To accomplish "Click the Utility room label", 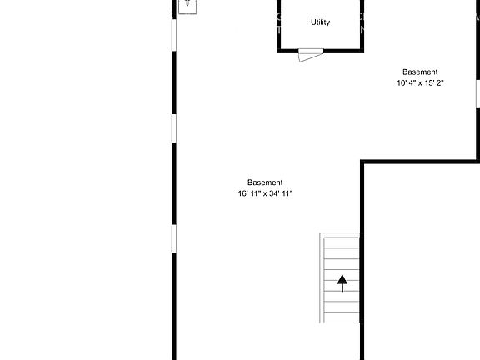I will [320, 22].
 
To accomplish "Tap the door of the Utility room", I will [310, 54].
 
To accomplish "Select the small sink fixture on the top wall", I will [188, 4].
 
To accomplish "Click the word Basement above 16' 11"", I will [265, 182].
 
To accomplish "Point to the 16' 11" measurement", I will [250, 193].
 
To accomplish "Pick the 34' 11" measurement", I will [281, 193].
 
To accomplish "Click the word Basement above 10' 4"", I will [420, 72].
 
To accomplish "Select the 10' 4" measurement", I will [407, 83].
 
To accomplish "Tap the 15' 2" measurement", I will [433, 83].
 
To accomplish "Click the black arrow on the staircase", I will [342, 282].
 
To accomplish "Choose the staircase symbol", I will [340, 278].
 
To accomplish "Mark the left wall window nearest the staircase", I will [174, 237].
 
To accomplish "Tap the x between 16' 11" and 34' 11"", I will [265, 193].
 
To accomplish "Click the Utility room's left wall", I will [279, 25].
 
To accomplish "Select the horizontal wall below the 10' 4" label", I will [421, 161].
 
